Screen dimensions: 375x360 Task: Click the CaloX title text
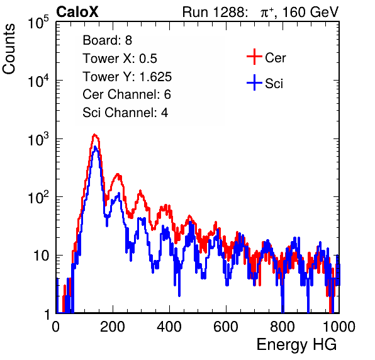click(x=77, y=12)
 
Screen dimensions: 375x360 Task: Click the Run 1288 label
click(x=214, y=12)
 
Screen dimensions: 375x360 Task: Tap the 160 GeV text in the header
click(x=310, y=12)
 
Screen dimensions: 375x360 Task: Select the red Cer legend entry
click(x=266, y=57)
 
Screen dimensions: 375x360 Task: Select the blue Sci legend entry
click(x=265, y=83)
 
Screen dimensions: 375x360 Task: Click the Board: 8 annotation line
click(x=107, y=40)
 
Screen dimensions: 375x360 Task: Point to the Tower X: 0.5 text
click(x=120, y=59)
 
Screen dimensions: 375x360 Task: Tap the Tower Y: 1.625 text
click(x=127, y=77)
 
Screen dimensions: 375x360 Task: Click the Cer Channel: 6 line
click(x=126, y=94)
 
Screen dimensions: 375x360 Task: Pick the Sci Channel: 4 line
click(x=125, y=113)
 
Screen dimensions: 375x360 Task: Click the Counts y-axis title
click(x=9, y=49)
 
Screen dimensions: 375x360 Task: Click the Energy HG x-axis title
click(x=296, y=345)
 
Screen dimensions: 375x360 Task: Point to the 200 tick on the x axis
click(x=113, y=327)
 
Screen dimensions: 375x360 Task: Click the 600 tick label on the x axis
click(x=226, y=327)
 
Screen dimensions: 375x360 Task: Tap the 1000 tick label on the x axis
click(x=339, y=327)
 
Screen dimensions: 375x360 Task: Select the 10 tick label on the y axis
click(x=42, y=256)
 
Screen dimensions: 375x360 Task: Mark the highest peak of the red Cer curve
click(x=95, y=135)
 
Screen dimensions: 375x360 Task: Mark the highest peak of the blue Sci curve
click(x=95, y=147)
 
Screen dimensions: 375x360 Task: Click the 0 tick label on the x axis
click(x=56, y=327)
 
